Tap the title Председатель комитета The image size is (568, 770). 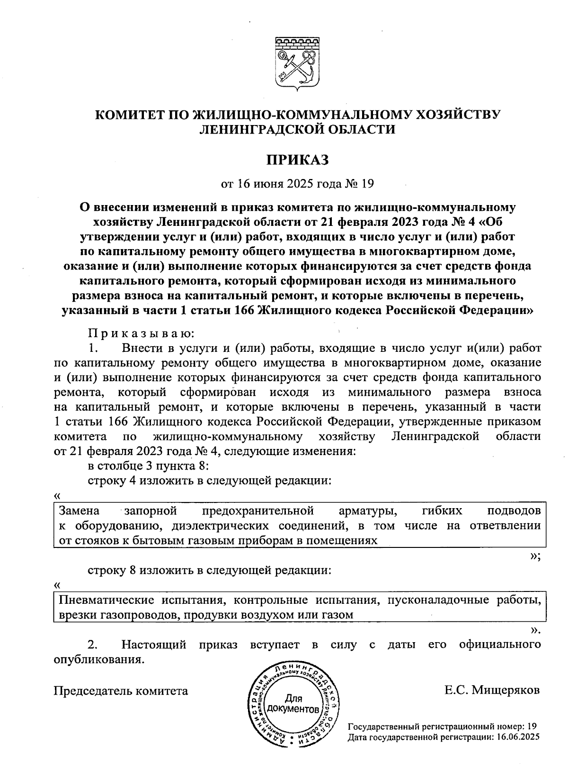click(121, 691)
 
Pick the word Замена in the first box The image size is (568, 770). click(79, 511)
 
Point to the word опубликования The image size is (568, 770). click(98, 660)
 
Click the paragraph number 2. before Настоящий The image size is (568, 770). click(93, 645)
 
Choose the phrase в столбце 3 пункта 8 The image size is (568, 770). click(148, 466)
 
